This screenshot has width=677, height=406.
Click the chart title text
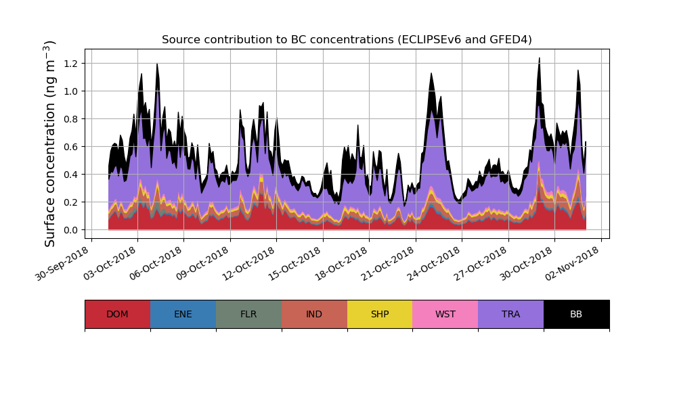coord(347,40)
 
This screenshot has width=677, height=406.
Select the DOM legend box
coord(117,314)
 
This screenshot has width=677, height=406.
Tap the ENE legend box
coord(183,314)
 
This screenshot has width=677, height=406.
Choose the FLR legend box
coord(248,314)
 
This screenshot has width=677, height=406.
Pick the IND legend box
coord(314,314)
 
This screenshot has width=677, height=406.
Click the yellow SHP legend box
coord(380,314)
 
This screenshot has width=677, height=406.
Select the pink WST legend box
coord(445,314)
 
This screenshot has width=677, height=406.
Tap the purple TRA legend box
coord(511,314)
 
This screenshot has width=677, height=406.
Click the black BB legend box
coord(576,314)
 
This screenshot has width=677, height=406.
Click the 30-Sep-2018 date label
coord(62,265)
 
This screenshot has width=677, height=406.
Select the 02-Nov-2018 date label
coord(572,265)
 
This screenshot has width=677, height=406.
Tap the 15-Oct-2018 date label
coord(294,265)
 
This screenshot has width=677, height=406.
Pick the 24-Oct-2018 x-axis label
coord(433,265)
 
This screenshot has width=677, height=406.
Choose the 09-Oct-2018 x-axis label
coord(201,265)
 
